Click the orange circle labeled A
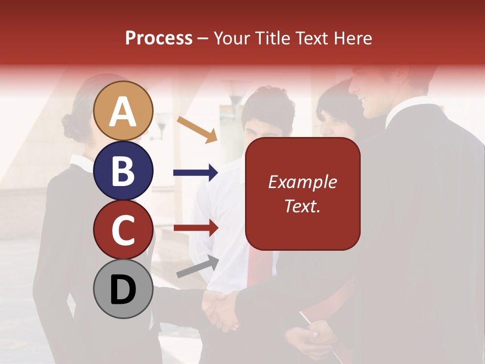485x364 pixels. tap(123, 111)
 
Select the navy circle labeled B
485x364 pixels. tap(123, 170)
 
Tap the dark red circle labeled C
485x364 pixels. tap(123, 230)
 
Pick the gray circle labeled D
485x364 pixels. tap(123, 289)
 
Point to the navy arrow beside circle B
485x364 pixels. tap(196, 173)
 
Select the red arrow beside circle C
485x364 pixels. tap(196, 228)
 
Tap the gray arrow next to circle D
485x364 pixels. tap(198, 266)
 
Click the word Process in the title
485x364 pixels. tap(159, 38)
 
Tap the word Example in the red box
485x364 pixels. tap(302, 182)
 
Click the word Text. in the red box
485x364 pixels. tap(302, 206)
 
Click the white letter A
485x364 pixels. tap(123, 112)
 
